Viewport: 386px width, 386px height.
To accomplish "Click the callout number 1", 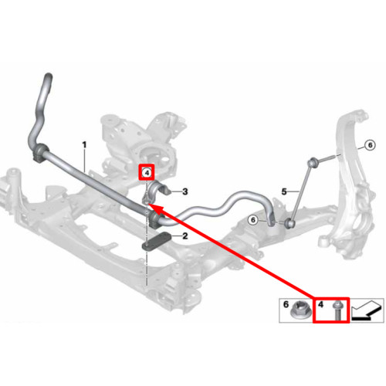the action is pyautogui.click(x=84, y=145).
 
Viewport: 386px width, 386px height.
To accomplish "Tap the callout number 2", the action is pyautogui.click(x=185, y=235).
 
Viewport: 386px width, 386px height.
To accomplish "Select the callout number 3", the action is pyautogui.click(x=185, y=191).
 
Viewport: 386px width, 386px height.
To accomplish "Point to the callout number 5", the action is pyautogui.click(x=284, y=191).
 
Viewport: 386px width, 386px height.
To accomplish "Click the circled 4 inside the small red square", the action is pyautogui.click(x=147, y=173).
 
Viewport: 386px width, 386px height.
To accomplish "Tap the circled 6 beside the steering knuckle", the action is pyautogui.click(x=370, y=145).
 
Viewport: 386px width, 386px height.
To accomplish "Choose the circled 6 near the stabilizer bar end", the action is pyautogui.click(x=253, y=220).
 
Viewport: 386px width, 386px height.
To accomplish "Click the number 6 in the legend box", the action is pyautogui.click(x=286, y=304).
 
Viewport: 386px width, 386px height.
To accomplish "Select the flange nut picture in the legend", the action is pyautogui.click(x=298, y=311).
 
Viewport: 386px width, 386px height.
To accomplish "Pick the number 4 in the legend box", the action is pyautogui.click(x=320, y=304).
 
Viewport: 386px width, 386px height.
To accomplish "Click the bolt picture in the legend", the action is pyautogui.click(x=337, y=311).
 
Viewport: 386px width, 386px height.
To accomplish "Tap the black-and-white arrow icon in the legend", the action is pyautogui.click(x=367, y=310).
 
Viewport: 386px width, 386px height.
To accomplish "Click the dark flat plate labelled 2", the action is pyautogui.click(x=156, y=242).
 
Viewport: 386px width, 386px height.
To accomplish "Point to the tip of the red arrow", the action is pyautogui.click(x=149, y=204).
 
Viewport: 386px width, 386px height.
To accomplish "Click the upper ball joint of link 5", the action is pyautogui.click(x=312, y=162).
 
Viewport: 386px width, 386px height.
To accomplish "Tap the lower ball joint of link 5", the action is pyautogui.click(x=290, y=222).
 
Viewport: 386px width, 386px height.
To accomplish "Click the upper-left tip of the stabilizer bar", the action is pyautogui.click(x=49, y=76).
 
